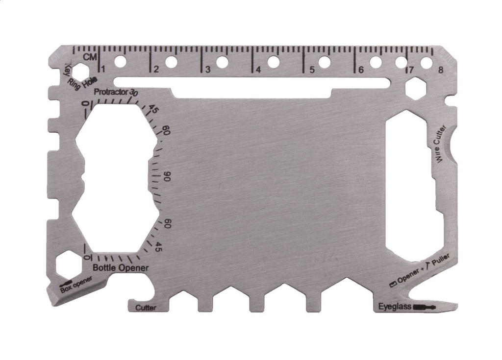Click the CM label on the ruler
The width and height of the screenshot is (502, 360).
(89, 57)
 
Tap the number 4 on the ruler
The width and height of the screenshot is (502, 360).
(258, 70)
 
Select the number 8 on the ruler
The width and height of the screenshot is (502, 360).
(441, 70)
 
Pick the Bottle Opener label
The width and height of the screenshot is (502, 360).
(121, 268)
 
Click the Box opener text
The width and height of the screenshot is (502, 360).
(76, 286)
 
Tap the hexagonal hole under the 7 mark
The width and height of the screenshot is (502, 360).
(415, 89)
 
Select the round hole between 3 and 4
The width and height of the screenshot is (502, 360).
(222, 62)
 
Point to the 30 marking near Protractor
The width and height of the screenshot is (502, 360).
(134, 93)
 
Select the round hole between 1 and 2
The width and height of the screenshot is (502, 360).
(120, 62)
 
